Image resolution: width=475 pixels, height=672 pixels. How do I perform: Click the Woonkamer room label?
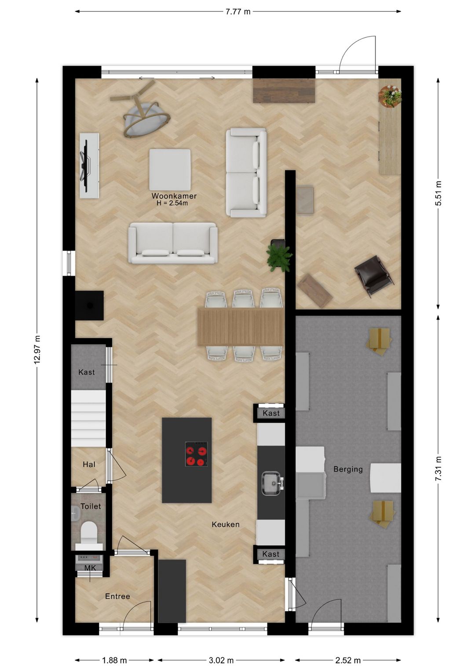(174, 196)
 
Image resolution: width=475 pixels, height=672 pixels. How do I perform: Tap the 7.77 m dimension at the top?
(237, 12)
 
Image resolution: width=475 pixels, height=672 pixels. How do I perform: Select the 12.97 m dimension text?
(37, 350)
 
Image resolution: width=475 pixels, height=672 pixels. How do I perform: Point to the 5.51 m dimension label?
(438, 193)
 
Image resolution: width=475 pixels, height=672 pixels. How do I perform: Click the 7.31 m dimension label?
(438, 468)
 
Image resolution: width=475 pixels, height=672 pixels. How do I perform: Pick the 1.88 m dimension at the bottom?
(114, 660)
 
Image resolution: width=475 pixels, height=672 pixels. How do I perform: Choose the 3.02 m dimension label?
(221, 660)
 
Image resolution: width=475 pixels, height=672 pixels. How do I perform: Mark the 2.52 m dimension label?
(348, 660)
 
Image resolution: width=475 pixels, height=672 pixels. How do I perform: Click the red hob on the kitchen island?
(196, 454)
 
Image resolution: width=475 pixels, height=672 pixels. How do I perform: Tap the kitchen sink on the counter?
(271, 483)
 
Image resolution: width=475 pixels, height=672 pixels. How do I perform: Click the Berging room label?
(348, 469)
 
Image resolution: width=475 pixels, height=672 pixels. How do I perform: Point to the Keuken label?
(226, 524)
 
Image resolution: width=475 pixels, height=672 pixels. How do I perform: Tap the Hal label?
(89, 465)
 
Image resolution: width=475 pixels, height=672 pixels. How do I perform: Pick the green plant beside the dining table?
(279, 258)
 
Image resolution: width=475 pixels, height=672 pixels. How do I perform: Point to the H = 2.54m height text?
(172, 203)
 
